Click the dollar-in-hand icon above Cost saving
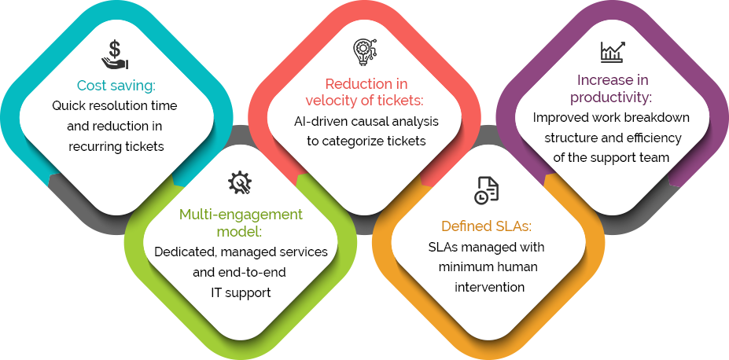(116, 55)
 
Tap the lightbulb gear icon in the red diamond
(365, 52)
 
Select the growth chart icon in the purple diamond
(613, 51)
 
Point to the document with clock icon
(486, 190)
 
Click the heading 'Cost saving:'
(116, 86)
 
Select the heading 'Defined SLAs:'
(486, 226)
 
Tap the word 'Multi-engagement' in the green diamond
(241, 215)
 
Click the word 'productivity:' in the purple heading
(612, 98)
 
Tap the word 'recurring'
(95, 147)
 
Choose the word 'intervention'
(489, 287)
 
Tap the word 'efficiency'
(656, 138)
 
